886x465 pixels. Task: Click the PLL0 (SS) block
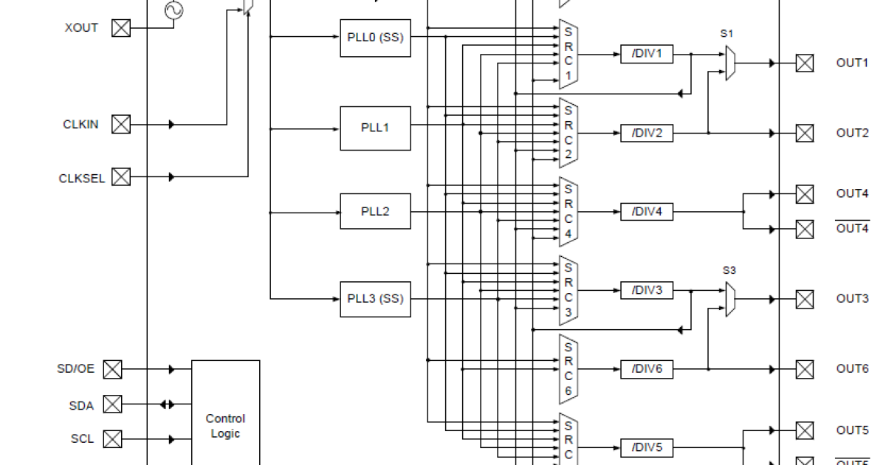pos(375,38)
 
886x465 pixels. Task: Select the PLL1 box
pos(375,128)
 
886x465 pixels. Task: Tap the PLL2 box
pos(375,212)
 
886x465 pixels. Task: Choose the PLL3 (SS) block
pos(375,299)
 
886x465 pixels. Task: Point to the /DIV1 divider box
pos(647,54)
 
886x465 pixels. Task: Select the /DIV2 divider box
pos(647,134)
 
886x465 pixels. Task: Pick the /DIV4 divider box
pos(647,212)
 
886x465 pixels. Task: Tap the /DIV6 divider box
pos(647,368)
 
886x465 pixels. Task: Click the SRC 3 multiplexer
pos(568,290)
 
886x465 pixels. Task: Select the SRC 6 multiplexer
pos(568,368)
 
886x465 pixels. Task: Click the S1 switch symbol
pos(729,63)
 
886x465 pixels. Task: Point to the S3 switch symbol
pos(729,299)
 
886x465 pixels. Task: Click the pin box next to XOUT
pos(121,28)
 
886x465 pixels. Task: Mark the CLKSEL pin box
pos(121,177)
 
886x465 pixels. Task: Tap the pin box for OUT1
pos(804,63)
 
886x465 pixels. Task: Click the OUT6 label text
pos(852,368)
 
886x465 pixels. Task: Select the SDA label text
pos(81,404)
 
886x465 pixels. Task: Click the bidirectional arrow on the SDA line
pos(168,404)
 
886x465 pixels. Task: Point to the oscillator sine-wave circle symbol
pos(175,10)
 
